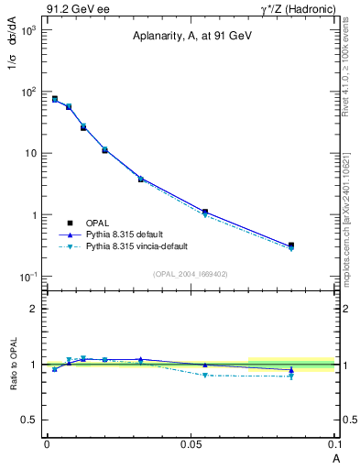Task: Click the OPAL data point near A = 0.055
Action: coord(205,212)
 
